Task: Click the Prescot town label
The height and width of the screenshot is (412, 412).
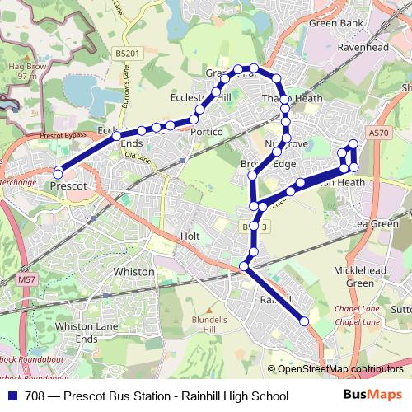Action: pos(68,186)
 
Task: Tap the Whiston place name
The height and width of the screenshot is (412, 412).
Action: pos(133,271)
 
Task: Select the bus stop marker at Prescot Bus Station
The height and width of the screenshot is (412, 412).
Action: pos(59,173)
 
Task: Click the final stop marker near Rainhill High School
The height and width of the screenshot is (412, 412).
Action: pos(304,321)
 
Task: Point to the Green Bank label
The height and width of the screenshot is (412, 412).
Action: pos(335,24)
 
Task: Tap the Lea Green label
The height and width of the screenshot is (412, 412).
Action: pos(374,223)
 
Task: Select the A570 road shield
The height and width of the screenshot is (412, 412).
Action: pos(378,132)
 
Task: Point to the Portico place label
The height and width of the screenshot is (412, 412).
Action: pos(206,132)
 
